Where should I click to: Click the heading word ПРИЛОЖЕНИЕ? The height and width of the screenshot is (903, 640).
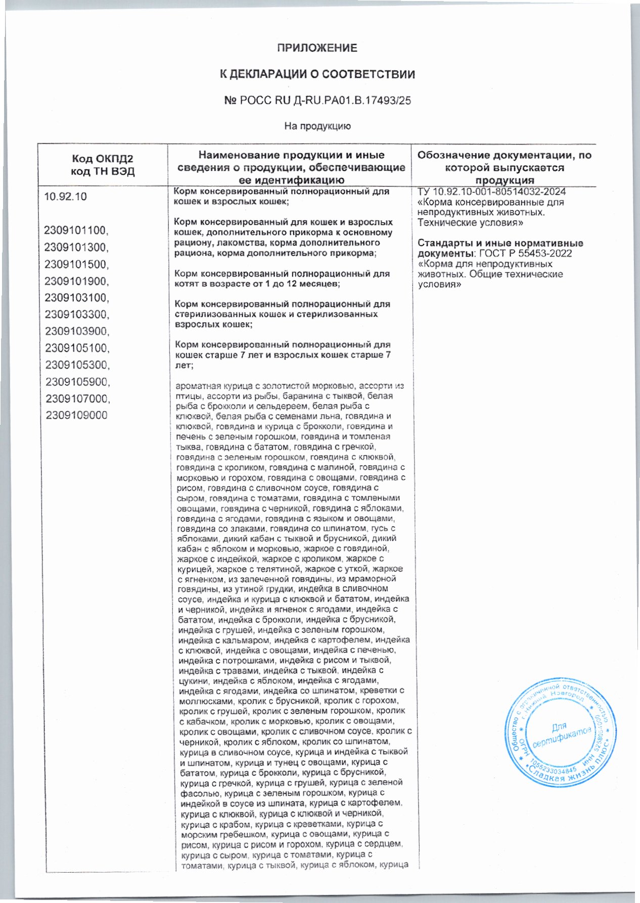tap(317, 48)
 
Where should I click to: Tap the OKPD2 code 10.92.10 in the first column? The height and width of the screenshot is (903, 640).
tap(65, 197)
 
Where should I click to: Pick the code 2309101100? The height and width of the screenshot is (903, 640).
tap(76, 231)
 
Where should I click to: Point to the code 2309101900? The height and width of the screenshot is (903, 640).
tap(76, 281)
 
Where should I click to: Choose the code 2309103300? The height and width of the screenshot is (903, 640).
tap(76, 315)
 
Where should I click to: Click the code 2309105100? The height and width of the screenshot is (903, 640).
tap(76, 348)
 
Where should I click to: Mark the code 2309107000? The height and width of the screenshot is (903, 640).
tap(76, 398)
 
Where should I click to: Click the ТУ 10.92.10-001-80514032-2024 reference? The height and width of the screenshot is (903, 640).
tap(492, 192)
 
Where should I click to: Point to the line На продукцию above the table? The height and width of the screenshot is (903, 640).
tap(317, 126)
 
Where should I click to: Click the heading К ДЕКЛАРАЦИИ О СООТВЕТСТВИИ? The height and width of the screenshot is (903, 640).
tap(317, 74)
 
